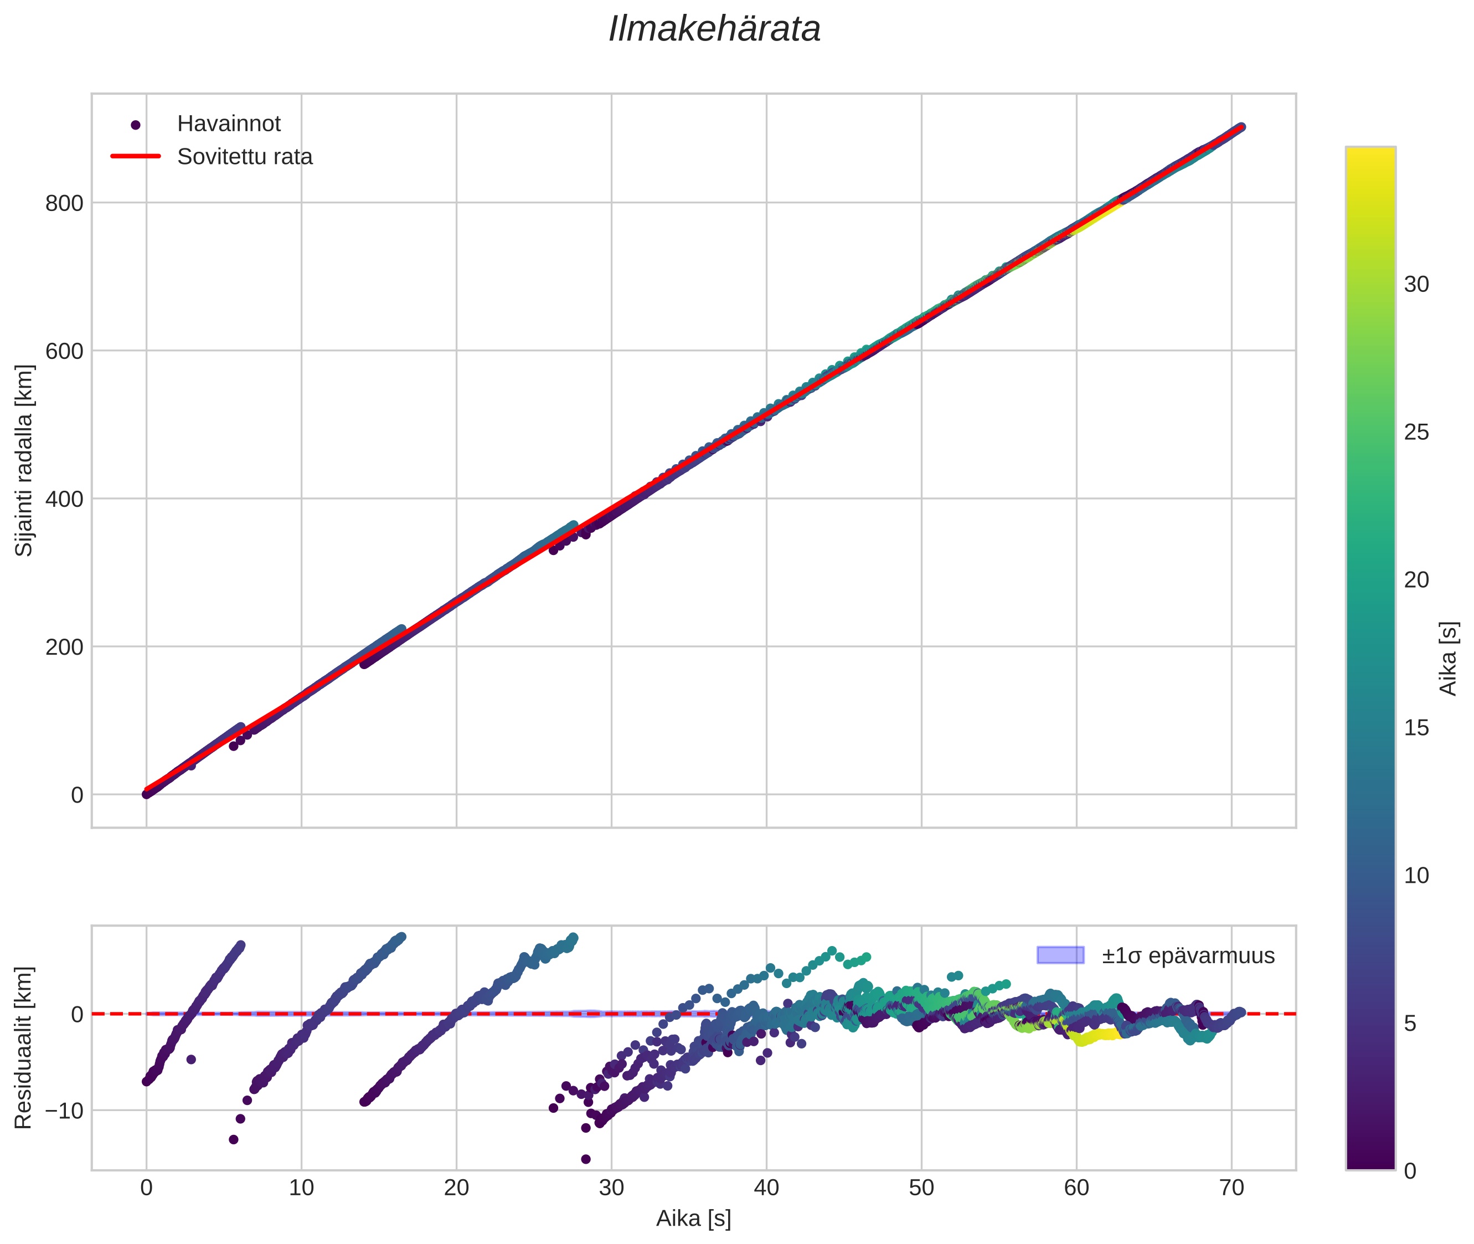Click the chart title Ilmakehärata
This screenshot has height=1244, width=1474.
714,29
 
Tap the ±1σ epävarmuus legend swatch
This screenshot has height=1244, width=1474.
1059,955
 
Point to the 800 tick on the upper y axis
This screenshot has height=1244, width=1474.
64,204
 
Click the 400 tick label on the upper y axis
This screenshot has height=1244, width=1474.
64,499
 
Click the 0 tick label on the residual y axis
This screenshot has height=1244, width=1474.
77,1015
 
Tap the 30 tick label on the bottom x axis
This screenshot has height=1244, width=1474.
611,1188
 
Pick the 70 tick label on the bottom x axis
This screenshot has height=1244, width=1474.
1231,1188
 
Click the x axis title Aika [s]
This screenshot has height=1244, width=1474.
693,1219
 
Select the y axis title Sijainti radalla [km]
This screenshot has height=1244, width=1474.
24,460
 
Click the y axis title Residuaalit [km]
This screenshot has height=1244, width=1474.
24,1048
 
